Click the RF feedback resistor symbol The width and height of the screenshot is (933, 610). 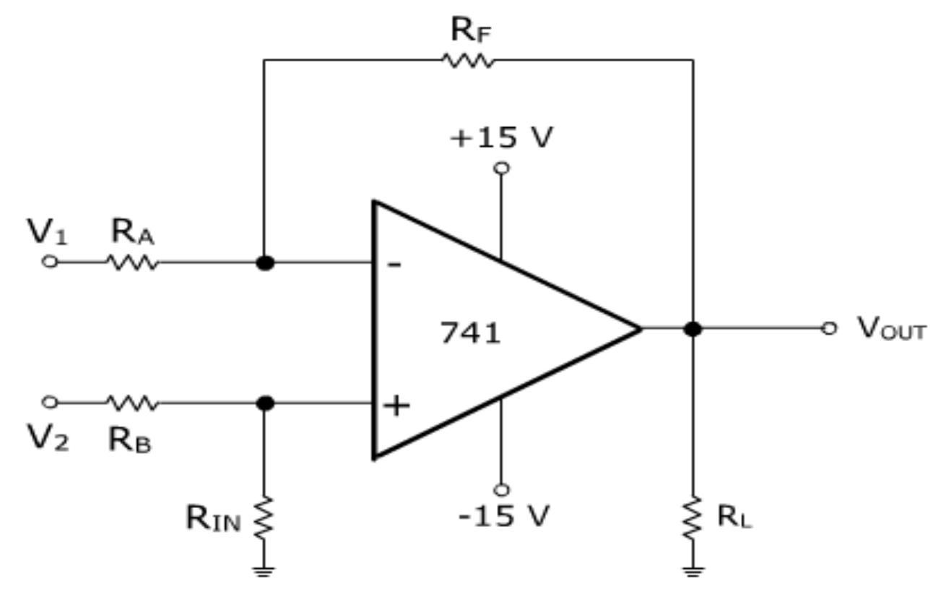coord(469,60)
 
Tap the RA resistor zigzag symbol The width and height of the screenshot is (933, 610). coord(133,262)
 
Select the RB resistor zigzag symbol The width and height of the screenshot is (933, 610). coord(133,403)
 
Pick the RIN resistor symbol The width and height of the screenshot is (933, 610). coord(264,517)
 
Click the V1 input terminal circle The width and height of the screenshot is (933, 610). coord(49,262)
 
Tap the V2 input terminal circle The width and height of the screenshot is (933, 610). coord(49,402)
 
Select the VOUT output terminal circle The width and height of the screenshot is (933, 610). coord(829,329)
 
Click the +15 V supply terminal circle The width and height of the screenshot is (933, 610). coord(500,168)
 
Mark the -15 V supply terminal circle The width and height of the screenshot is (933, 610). coord(500,489)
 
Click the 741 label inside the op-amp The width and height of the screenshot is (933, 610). coord(470,333)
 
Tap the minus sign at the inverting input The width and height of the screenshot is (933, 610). coord(394,265)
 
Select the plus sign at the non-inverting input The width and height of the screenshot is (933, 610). coord(396,405)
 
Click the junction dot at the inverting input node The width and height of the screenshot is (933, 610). coord(265,263)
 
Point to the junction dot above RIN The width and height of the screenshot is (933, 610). coord(265,403)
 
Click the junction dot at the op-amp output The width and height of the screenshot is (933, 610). coord(693,329)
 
